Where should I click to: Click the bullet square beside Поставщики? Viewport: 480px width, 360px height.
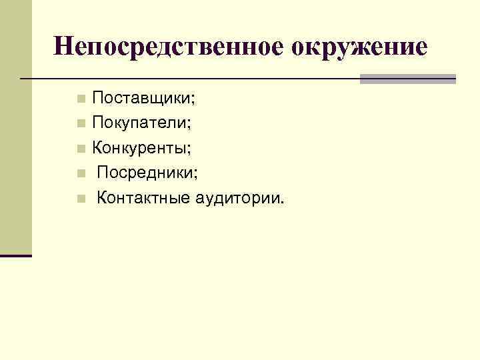pos(81,100)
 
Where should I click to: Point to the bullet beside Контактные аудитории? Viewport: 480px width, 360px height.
pos(81,198)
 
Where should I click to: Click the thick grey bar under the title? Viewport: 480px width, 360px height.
pos(407,79)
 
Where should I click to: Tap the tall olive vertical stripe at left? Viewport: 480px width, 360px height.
pos(15,127)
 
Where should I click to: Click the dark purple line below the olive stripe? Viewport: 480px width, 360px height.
pos(15,255)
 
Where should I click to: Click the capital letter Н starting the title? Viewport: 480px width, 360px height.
pos(63,47)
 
